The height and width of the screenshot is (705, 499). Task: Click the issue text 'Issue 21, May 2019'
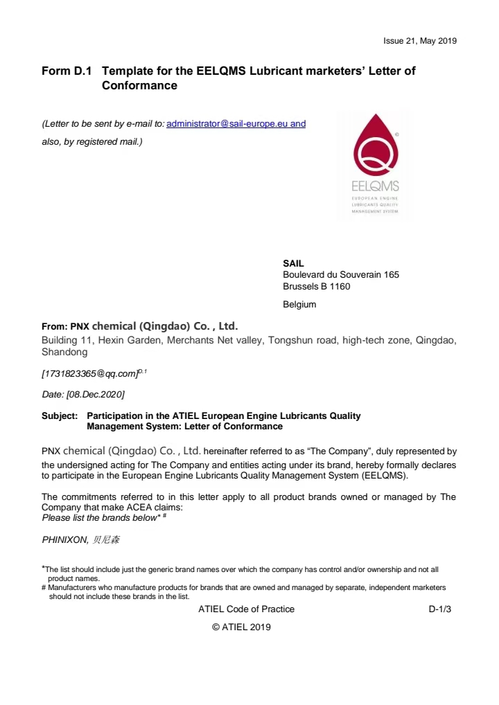(x=420, y=41)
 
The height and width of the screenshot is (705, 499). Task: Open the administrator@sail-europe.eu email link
(x=236, y=124)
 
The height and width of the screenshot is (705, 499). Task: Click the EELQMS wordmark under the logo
(x=376, y=186)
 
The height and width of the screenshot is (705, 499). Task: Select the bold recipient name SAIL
(x=293, y=263)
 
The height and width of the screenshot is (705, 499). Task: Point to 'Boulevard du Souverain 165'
(x=341, y=275)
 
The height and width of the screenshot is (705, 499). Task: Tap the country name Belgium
(x=299, y=304)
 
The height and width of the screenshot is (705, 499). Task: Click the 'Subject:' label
(x=60, y=416)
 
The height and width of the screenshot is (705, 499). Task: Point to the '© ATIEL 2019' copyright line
(x=241, y=627)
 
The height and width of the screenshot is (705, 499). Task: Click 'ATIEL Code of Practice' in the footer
(x=246, y=609)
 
